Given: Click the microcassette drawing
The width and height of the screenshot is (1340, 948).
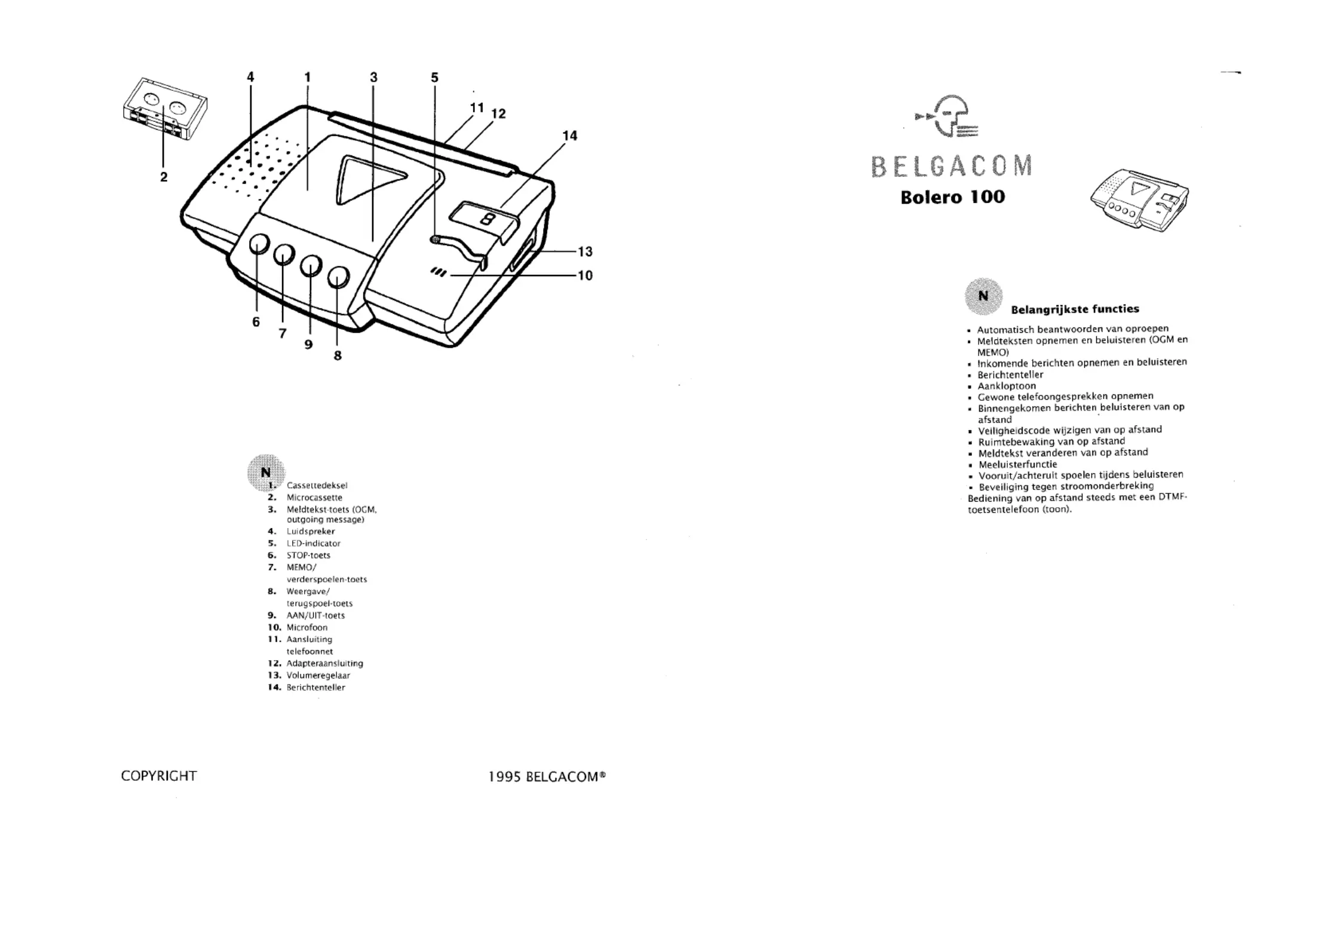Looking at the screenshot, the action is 165,110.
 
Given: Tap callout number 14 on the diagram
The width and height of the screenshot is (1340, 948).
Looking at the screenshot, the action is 570,136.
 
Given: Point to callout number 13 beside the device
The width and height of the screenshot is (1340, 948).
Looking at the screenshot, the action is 585,251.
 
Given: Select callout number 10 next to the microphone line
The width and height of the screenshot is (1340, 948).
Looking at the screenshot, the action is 585,275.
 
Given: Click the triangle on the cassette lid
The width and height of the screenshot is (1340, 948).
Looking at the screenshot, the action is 369,179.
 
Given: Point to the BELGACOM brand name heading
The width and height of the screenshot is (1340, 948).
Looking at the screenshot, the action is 952,166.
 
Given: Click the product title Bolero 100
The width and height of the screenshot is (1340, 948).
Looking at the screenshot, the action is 952,197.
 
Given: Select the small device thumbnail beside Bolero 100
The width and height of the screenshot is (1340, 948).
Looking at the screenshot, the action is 1139,201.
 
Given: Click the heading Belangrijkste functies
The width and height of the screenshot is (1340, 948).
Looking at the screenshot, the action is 1075,309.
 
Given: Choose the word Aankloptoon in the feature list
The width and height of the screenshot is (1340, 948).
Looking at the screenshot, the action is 1007,386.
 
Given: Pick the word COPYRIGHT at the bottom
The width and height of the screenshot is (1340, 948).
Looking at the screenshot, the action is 159,776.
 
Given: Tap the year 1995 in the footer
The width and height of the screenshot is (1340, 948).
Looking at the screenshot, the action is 505,777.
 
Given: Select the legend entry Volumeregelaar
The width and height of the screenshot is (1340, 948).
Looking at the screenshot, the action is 318,675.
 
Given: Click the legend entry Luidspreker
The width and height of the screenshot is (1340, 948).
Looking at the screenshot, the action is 311,531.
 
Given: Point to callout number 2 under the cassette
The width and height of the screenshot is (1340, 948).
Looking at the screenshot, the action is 164,177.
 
